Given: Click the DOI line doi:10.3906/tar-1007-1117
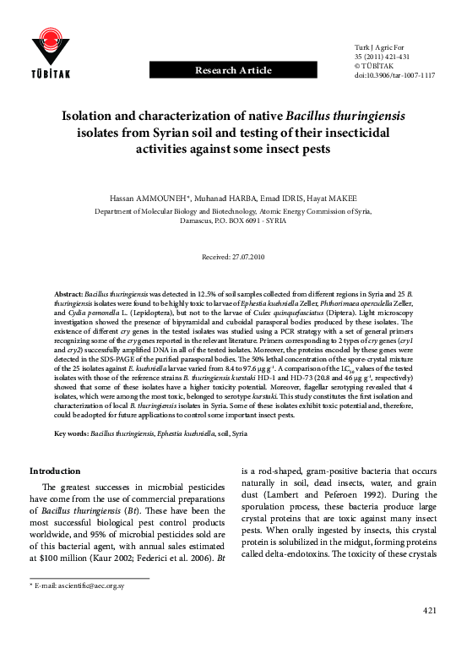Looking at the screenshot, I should (x=395, y=75).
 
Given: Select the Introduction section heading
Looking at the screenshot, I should (x=55, y=471).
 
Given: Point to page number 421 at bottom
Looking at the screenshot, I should (x=430, y=634).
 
